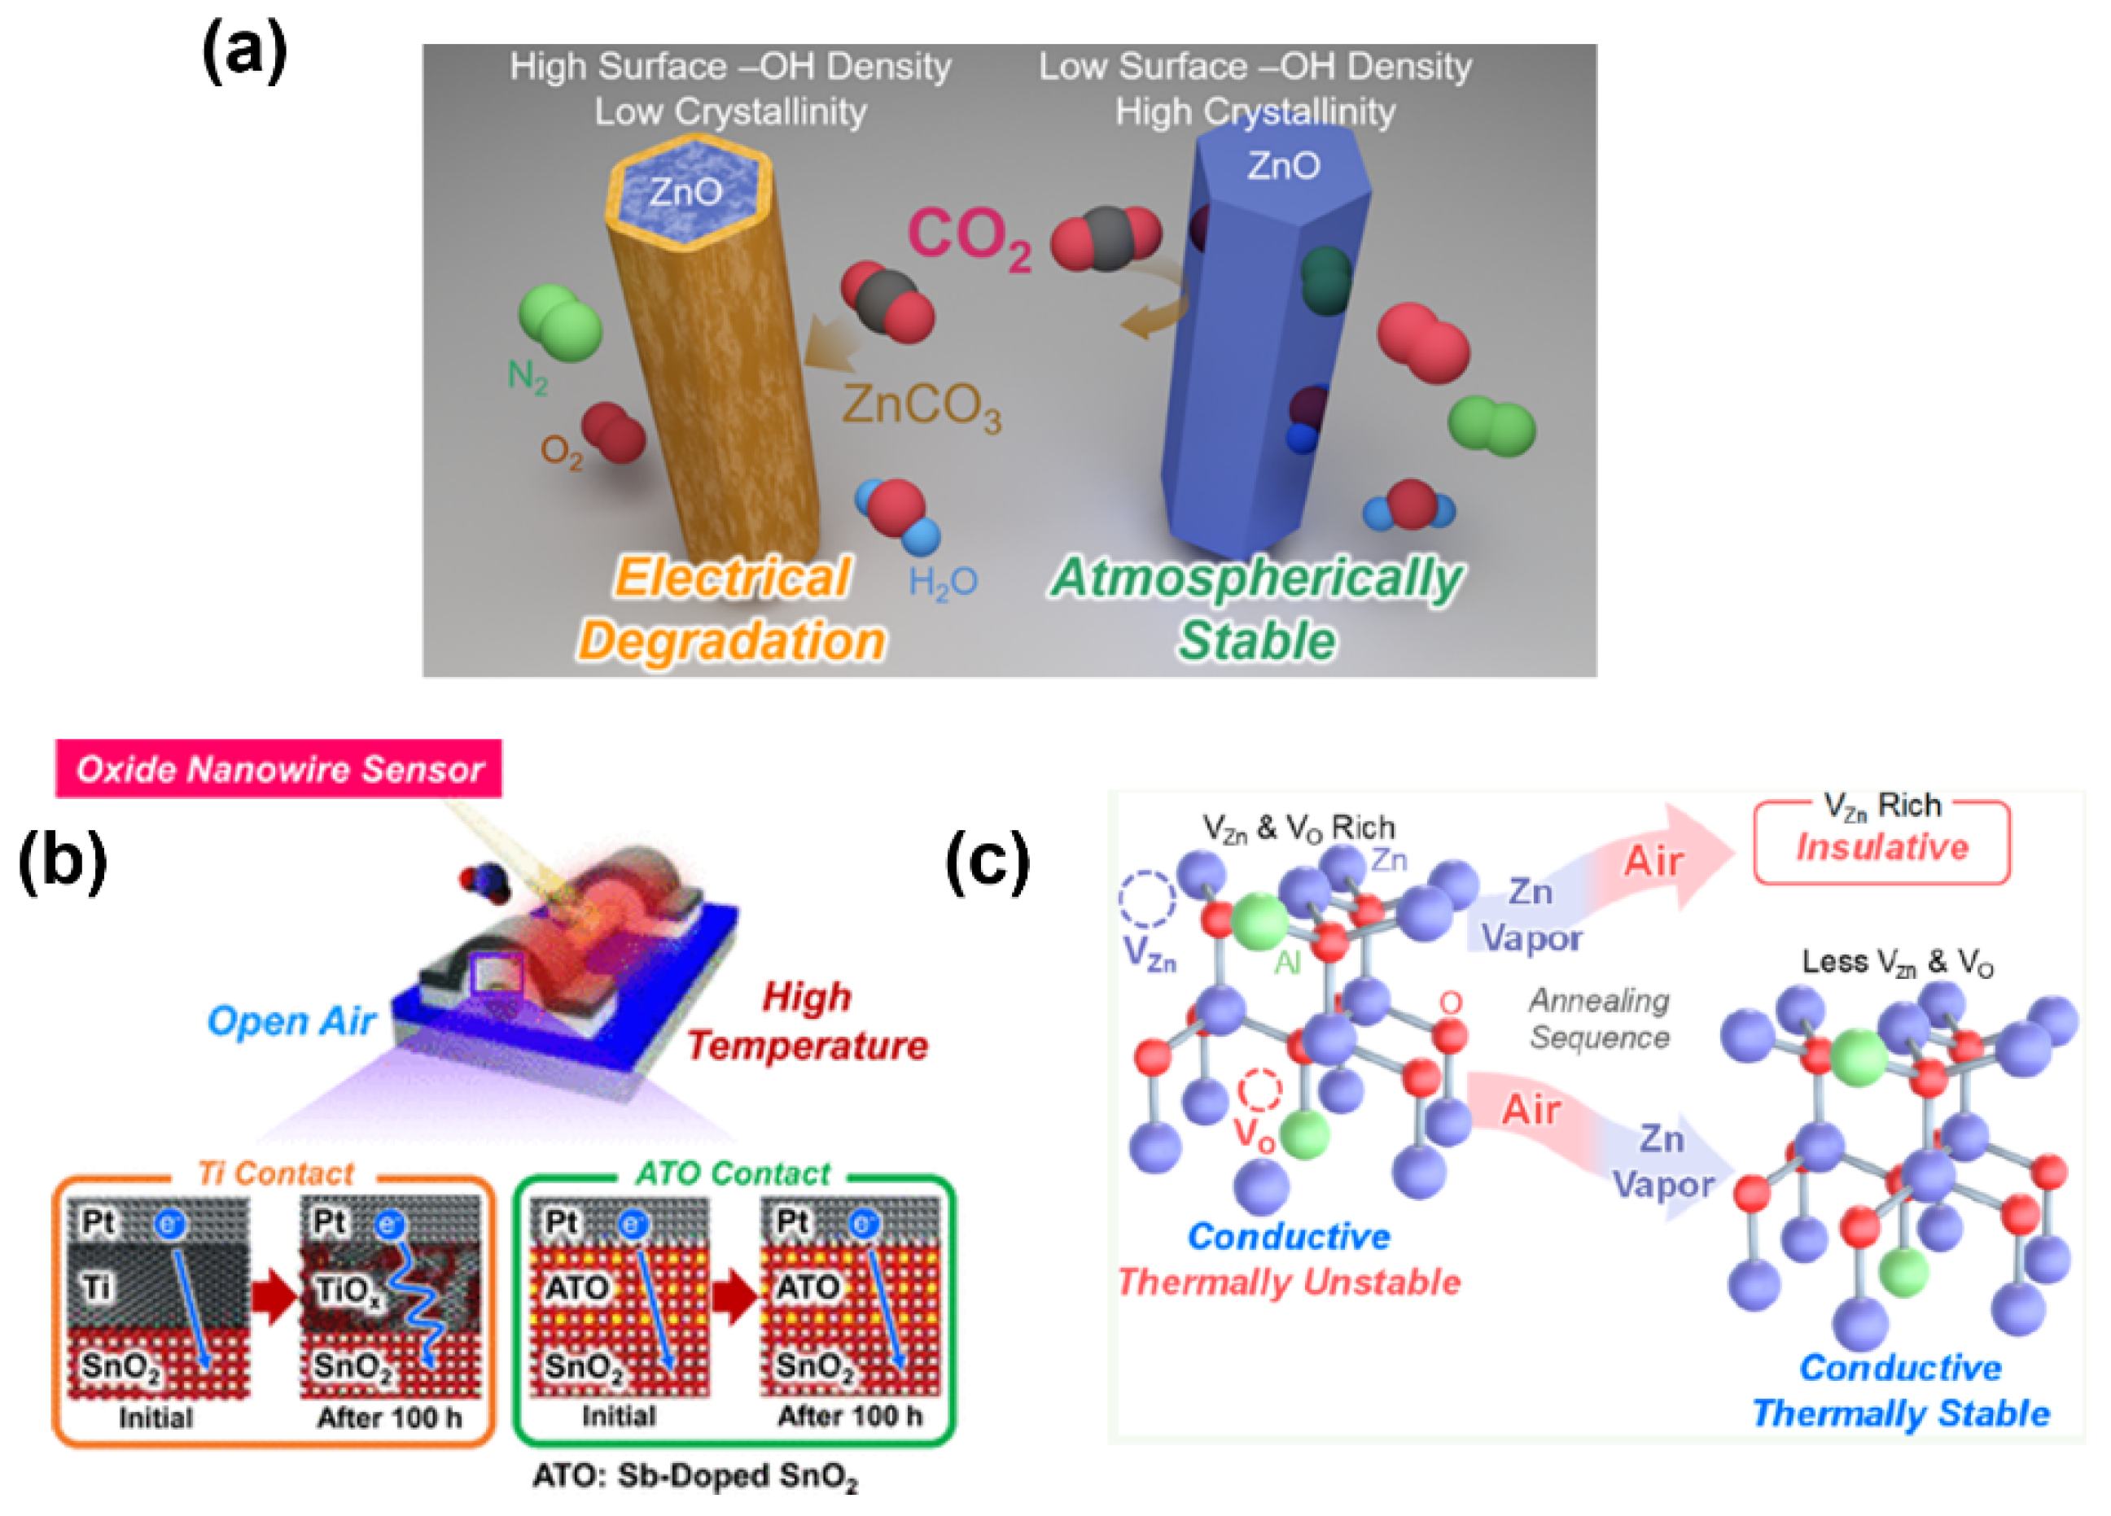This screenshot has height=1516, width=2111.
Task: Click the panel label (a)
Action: click(x=244, y=53)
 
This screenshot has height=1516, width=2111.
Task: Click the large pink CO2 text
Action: click(x=968, y=238)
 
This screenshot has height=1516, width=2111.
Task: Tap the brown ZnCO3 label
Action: click(x=921, y=408)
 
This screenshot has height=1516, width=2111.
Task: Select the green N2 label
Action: click(x=527, y=377)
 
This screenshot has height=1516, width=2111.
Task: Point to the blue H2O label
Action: click(x=942, y=583)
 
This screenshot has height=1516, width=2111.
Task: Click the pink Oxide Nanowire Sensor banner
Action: click(x=278, y=769)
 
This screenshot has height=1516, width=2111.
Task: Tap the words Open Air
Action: click(x=291, y=1021)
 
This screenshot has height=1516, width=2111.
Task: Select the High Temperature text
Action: click(x=806, y=1022)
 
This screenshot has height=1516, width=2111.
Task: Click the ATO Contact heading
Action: click(x=733, y=1173)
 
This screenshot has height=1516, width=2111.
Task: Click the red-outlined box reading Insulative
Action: click(x=1881, y=842)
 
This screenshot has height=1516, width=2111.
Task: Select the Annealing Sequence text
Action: click(x=1599, y=1019)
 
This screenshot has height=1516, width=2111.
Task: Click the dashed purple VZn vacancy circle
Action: click(x=1147, y=900)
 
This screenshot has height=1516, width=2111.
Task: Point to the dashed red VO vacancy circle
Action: click(x=1259, y=1090)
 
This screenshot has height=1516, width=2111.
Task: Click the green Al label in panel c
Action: click(x=1287, y=963)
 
